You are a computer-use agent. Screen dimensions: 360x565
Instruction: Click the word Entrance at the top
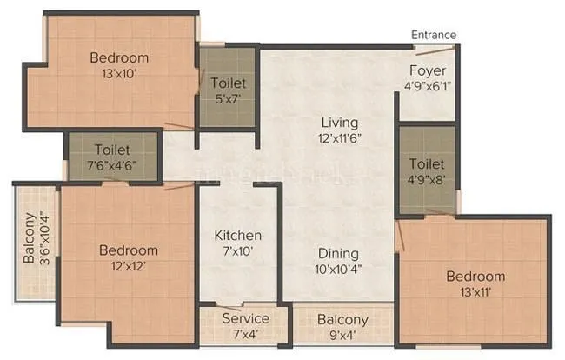point(434,35)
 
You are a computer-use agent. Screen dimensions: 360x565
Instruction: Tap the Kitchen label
point(238,236)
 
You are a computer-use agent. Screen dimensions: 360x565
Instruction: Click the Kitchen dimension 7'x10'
point(238,252)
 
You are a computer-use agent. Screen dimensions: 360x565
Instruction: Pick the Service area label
point(245,318)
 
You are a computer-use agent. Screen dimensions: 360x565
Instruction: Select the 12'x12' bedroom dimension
point(128,267)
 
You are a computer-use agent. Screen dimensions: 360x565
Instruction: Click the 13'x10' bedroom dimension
point(119,74)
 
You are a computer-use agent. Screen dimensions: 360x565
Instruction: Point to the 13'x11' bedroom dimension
point(475,293)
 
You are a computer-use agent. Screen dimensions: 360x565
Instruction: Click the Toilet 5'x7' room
point(228,91)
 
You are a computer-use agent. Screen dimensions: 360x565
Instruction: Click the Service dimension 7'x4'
point(245,335)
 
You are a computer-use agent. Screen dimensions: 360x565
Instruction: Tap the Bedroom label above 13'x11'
point(475,277)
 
